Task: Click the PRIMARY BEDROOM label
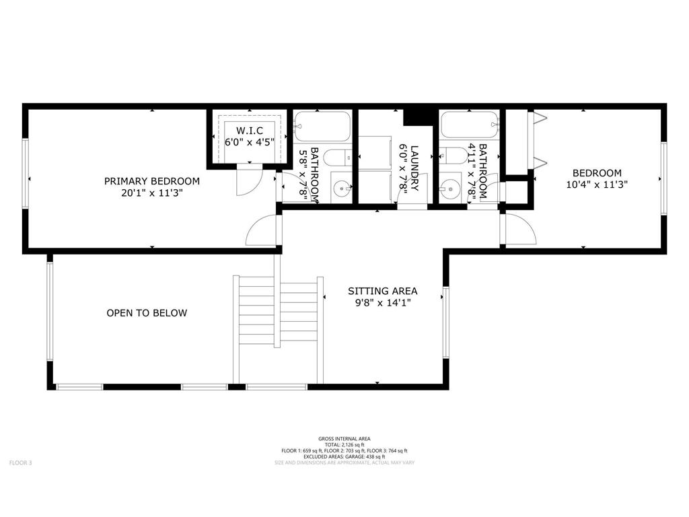[x=151, y=181]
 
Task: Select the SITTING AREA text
[x=382, y=291]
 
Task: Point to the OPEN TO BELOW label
[x=147, y=313]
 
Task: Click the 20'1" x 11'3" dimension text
[x=151, y=193]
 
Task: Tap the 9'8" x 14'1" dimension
[x=382, y=303]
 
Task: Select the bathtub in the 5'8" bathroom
[x=322, y=125]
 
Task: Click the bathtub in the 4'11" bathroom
[x=469, y=125]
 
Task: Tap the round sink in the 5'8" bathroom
[x=342, y=187]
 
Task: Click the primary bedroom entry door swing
[x=262, y=231]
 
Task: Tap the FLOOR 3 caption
[x=20, y=462]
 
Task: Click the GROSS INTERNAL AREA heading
[x=344, y=438]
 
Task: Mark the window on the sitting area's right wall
[x=445, y=323]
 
